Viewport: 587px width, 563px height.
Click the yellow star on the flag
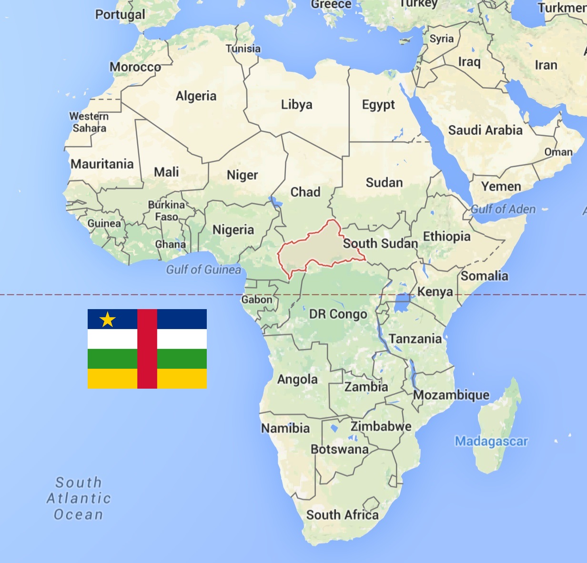click(x=108, y=320)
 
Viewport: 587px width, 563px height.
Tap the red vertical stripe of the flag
click(x=147, y=349)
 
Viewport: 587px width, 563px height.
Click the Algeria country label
click(x=196, y=96)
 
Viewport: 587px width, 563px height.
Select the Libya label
click(x=296, y=105)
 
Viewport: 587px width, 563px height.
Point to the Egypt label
click(x=378, y=105)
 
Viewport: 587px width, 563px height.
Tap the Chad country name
click(x=305, y=192)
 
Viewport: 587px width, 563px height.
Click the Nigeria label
click(x=233, y=230)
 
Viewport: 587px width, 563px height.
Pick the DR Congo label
click(x=338, y=314)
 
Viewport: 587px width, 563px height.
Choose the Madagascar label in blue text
click(x=491, y=441)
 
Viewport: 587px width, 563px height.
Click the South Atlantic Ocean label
click(x=79, y=498)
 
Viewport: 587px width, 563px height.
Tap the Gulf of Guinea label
click(x=203, y=270)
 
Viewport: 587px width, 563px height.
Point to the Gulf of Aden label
click(x=503, y=209)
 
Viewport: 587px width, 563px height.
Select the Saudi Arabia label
click(x=485, y=130)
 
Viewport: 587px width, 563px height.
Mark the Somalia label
click(x=484, y=276)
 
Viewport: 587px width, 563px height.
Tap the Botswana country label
click(x=340, y=449)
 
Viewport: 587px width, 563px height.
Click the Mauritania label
click(x=102, y=164)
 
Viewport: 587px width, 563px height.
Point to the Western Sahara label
click(x=89, y=122)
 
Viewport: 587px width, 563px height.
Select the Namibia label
click(x=285, y=428)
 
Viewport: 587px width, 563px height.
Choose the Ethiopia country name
click(x=446, y=236)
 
